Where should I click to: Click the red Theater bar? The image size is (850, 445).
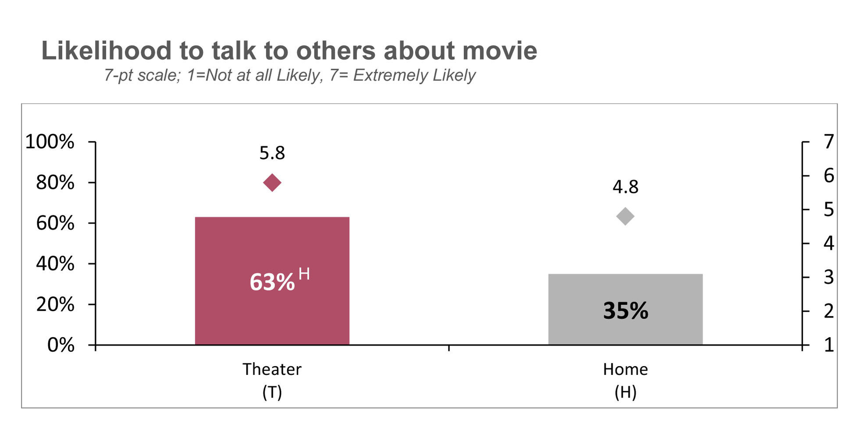(272, 246)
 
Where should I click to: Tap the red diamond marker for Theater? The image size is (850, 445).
(272, 182)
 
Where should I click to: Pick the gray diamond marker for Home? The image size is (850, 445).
(625, 216)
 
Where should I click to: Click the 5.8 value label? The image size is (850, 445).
(272, 153)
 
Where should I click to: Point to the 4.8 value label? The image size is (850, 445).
(625, 187)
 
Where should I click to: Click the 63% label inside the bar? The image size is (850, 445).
(272, 282)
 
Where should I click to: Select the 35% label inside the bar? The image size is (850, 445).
(625, 310)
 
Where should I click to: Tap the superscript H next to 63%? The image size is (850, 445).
(304, 274)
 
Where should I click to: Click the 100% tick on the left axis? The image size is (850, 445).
(50, 142)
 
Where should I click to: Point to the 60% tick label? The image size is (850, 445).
(55, 223)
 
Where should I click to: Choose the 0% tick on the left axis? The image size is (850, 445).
(61, 345)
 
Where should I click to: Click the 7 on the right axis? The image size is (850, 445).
(828, 142)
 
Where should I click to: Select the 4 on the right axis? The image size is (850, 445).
(828, 243)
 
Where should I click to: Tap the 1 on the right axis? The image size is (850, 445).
(828, 345)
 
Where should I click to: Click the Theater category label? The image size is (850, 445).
(272, 369)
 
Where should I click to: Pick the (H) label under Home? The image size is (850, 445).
(625, 392)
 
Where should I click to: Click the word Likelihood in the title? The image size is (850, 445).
(106, 50)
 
